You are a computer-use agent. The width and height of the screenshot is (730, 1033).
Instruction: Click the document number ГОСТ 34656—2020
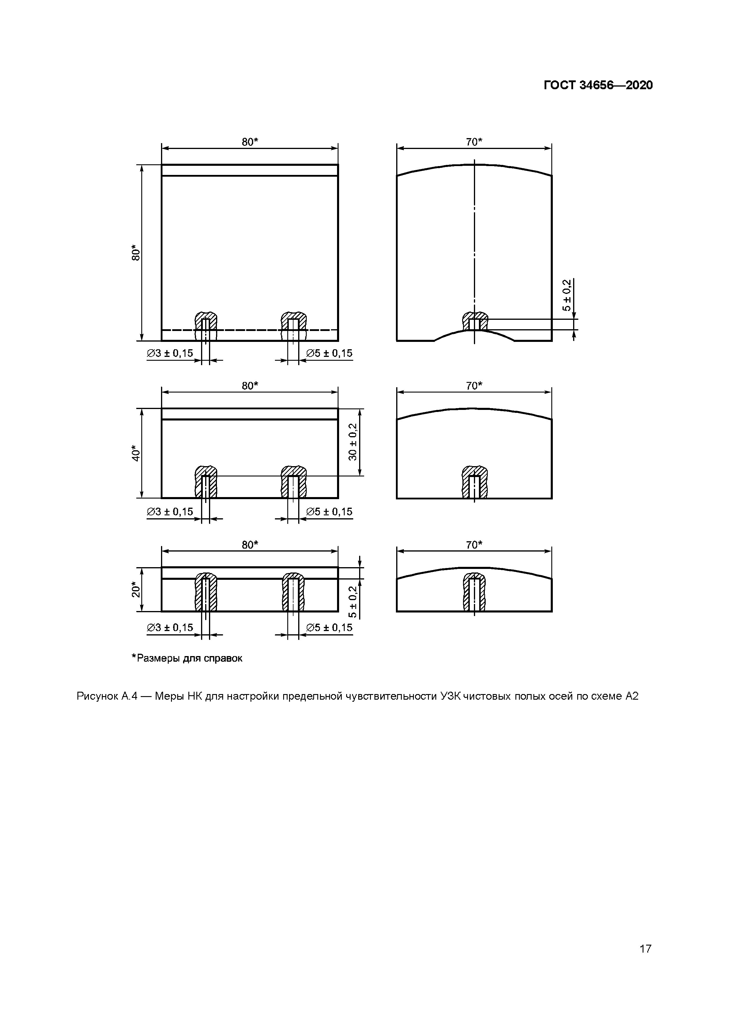(598, 85)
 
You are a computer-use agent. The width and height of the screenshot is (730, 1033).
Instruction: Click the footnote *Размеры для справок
(187, 658)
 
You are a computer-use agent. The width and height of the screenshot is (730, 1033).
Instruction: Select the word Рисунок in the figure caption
(97, 696)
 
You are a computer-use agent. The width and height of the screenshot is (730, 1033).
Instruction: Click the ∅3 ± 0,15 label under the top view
(170, 353)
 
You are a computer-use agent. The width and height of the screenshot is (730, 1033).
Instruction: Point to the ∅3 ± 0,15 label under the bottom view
(170, 628)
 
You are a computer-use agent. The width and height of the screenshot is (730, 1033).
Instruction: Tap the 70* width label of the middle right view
(474, 385)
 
